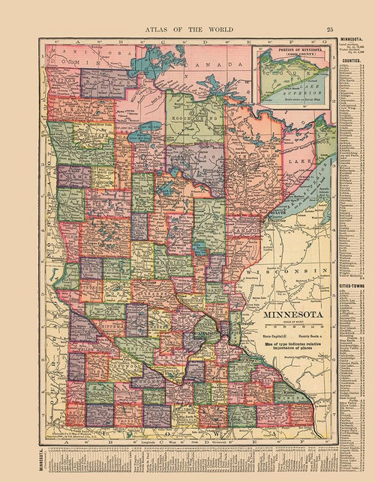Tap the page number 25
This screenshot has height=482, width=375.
click(331, 8)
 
